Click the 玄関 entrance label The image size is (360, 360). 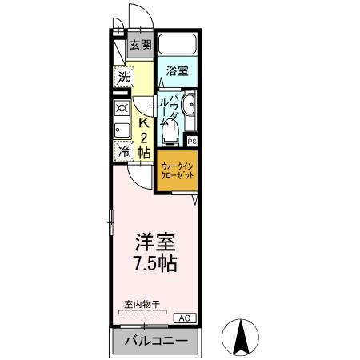140,46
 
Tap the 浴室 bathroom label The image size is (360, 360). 176,71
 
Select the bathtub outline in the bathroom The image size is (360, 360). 177,45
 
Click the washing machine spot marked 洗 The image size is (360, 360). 123,78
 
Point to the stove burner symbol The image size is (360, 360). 122,108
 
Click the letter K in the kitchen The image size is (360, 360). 144,123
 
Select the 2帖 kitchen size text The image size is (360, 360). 145,143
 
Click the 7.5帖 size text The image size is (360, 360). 149,263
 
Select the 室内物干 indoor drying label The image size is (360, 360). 142,304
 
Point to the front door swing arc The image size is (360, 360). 136,16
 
